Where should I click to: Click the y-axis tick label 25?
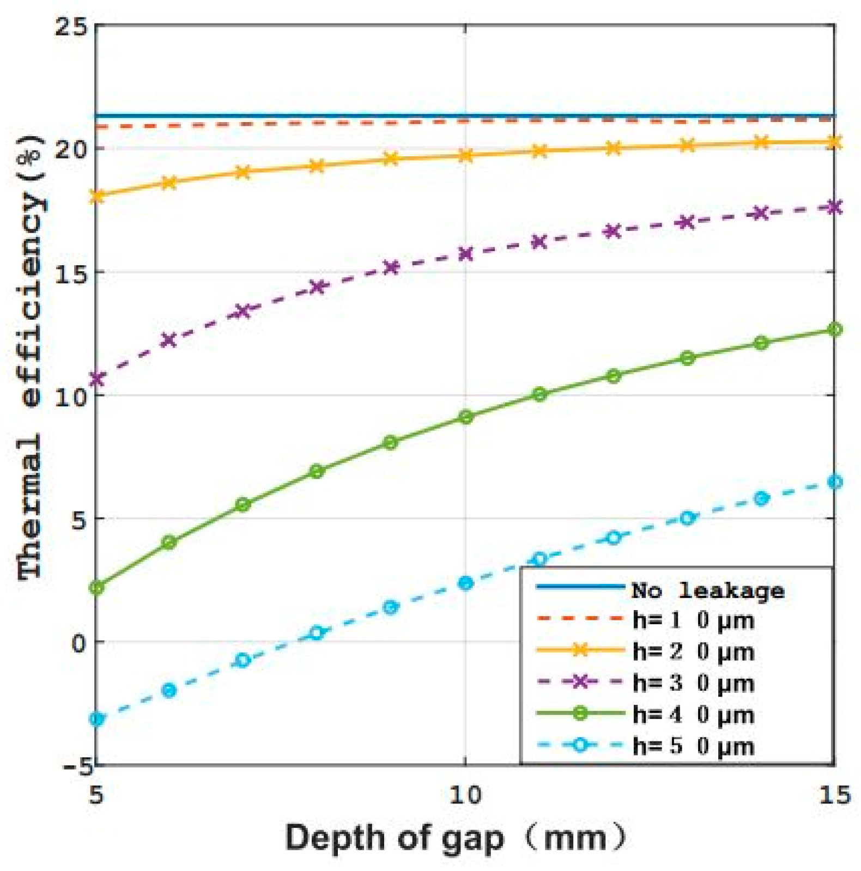[71, 27]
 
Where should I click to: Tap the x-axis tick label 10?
[465, 796]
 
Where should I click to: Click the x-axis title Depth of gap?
[456, 838]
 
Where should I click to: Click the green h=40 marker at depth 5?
[96, 588]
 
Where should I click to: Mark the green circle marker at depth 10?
[465, 417]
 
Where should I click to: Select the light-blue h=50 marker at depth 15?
[834, 482]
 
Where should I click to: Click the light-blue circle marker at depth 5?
[96, 720]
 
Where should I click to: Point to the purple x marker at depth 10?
[465, 254]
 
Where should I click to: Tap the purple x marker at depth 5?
[96, 379]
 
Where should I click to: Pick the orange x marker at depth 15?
[834, 143]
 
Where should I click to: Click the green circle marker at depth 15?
[834, 330]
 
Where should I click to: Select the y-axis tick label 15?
[71, 273]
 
